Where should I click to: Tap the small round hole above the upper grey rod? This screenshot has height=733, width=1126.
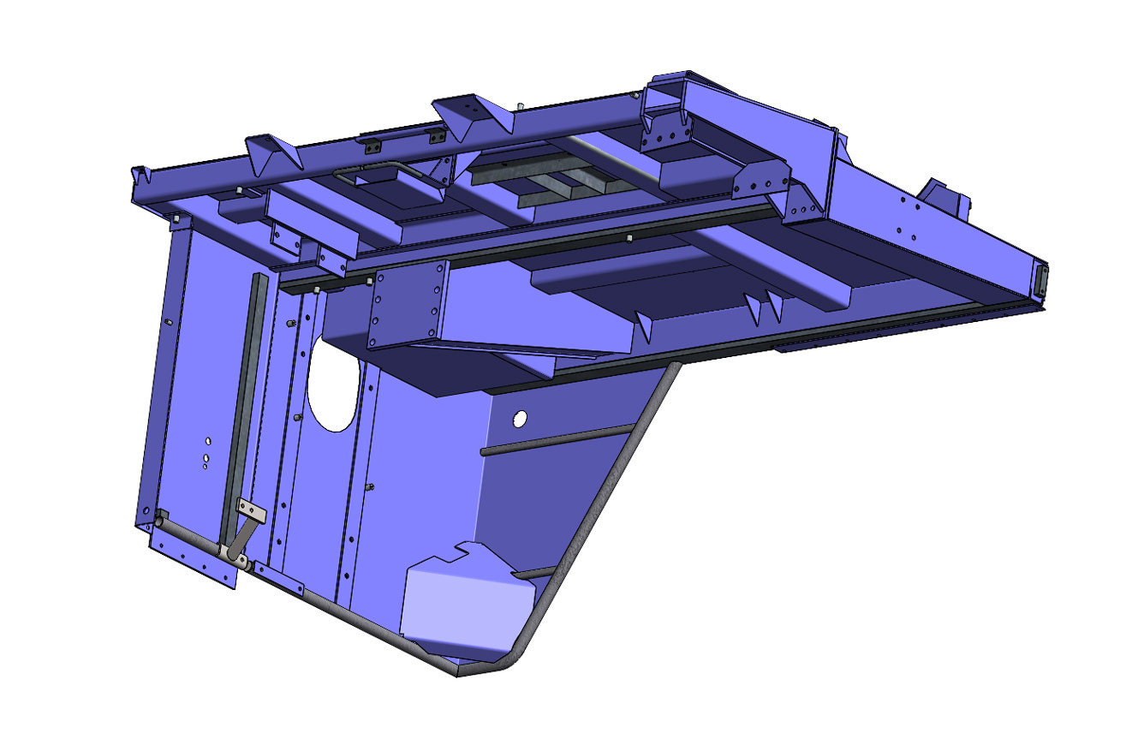click(519, 419)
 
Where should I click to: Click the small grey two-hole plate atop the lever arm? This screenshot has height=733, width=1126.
click(253, 512)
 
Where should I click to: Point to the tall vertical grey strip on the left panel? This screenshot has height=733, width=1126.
click(241, 394)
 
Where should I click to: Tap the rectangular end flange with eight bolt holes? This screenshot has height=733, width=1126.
click(408, 305)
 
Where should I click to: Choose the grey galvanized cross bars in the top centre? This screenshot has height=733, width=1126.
click(548, 184)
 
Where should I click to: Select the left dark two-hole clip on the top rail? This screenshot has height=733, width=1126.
click(373, 145)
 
